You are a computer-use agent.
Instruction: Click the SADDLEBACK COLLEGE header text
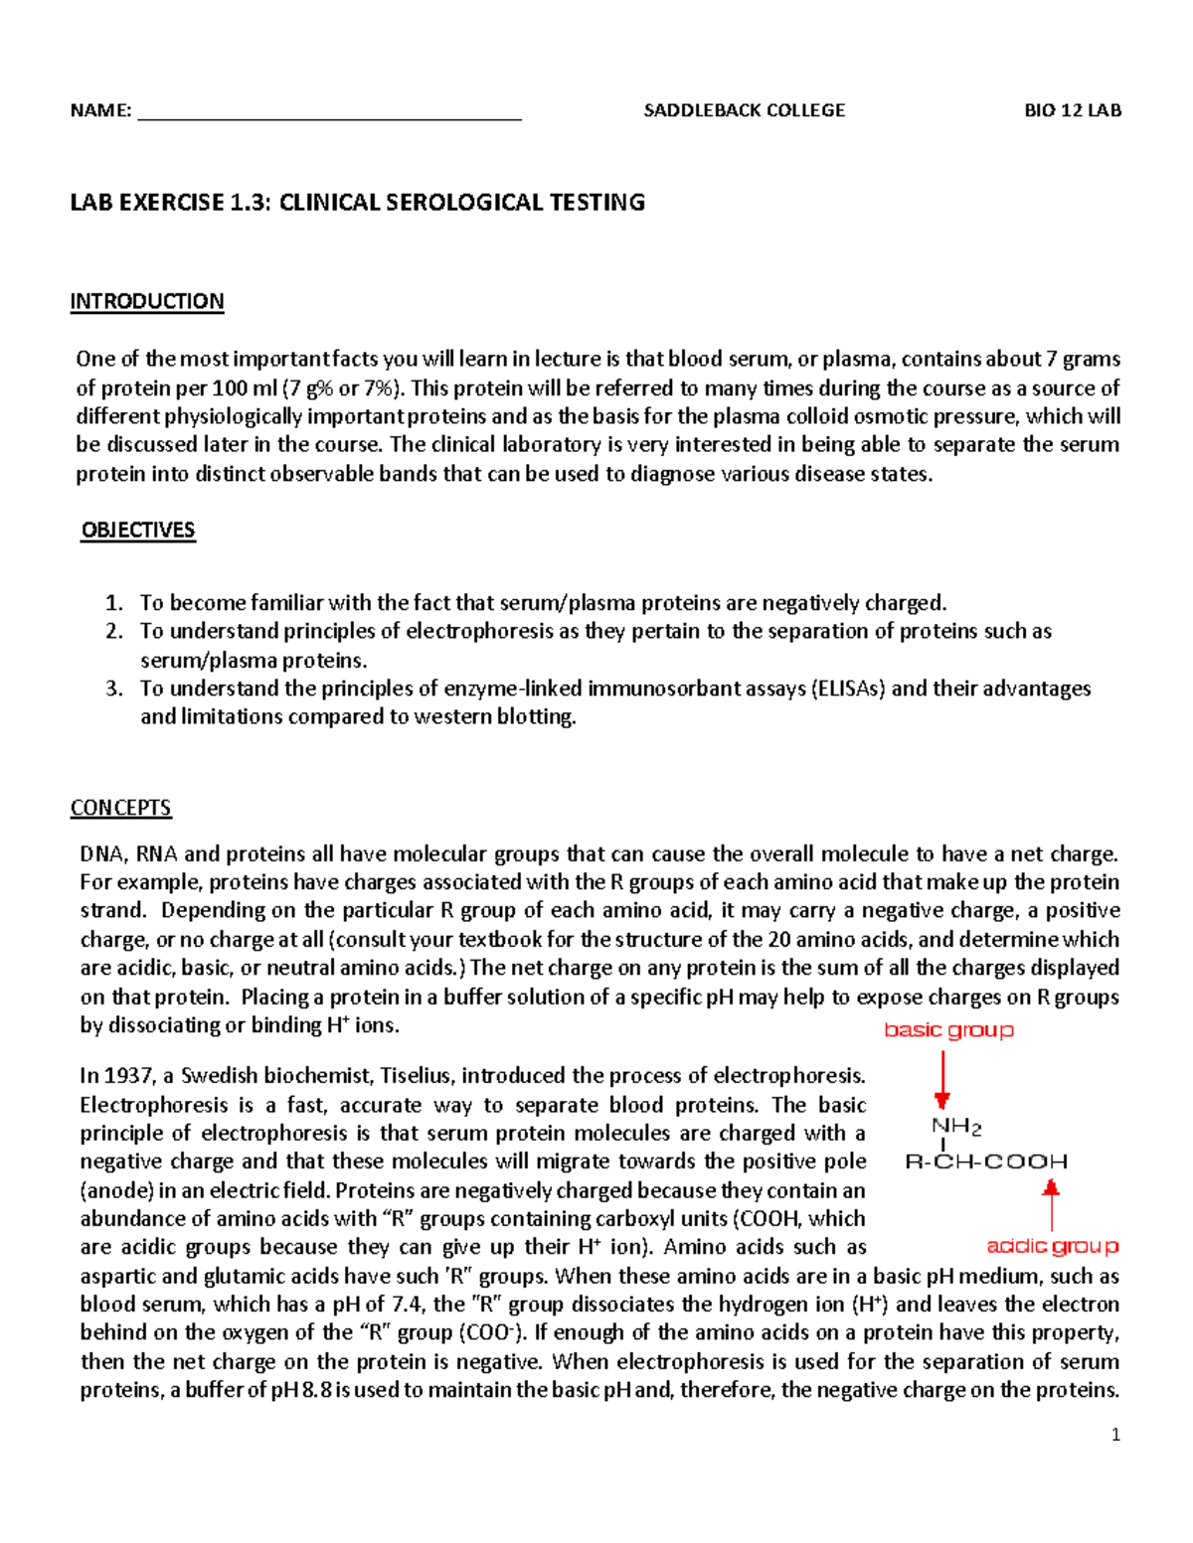click(x=744, y=110)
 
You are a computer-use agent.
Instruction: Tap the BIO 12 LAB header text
click(x=1073, y=110)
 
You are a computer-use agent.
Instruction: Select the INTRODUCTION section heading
click(x=147, y=301)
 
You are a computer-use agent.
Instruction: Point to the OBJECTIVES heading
click(x=138, y=531)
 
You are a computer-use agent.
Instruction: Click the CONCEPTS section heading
click(x=120, y=808)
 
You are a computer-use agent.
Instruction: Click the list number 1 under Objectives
click(x=114, y=603)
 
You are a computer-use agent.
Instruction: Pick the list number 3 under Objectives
click(x=114, y=689)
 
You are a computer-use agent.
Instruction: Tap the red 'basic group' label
click(x=949, y=1030)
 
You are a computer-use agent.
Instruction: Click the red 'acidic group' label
click(x=1052, y=1246)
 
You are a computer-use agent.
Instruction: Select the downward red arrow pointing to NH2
click(x=942, y=1080)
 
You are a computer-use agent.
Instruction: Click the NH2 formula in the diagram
click(x=956, y=1127)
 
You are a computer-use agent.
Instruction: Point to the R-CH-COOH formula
click(x=986, y=1161)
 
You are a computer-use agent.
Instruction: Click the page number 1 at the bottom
click(x=1115, y=1435)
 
